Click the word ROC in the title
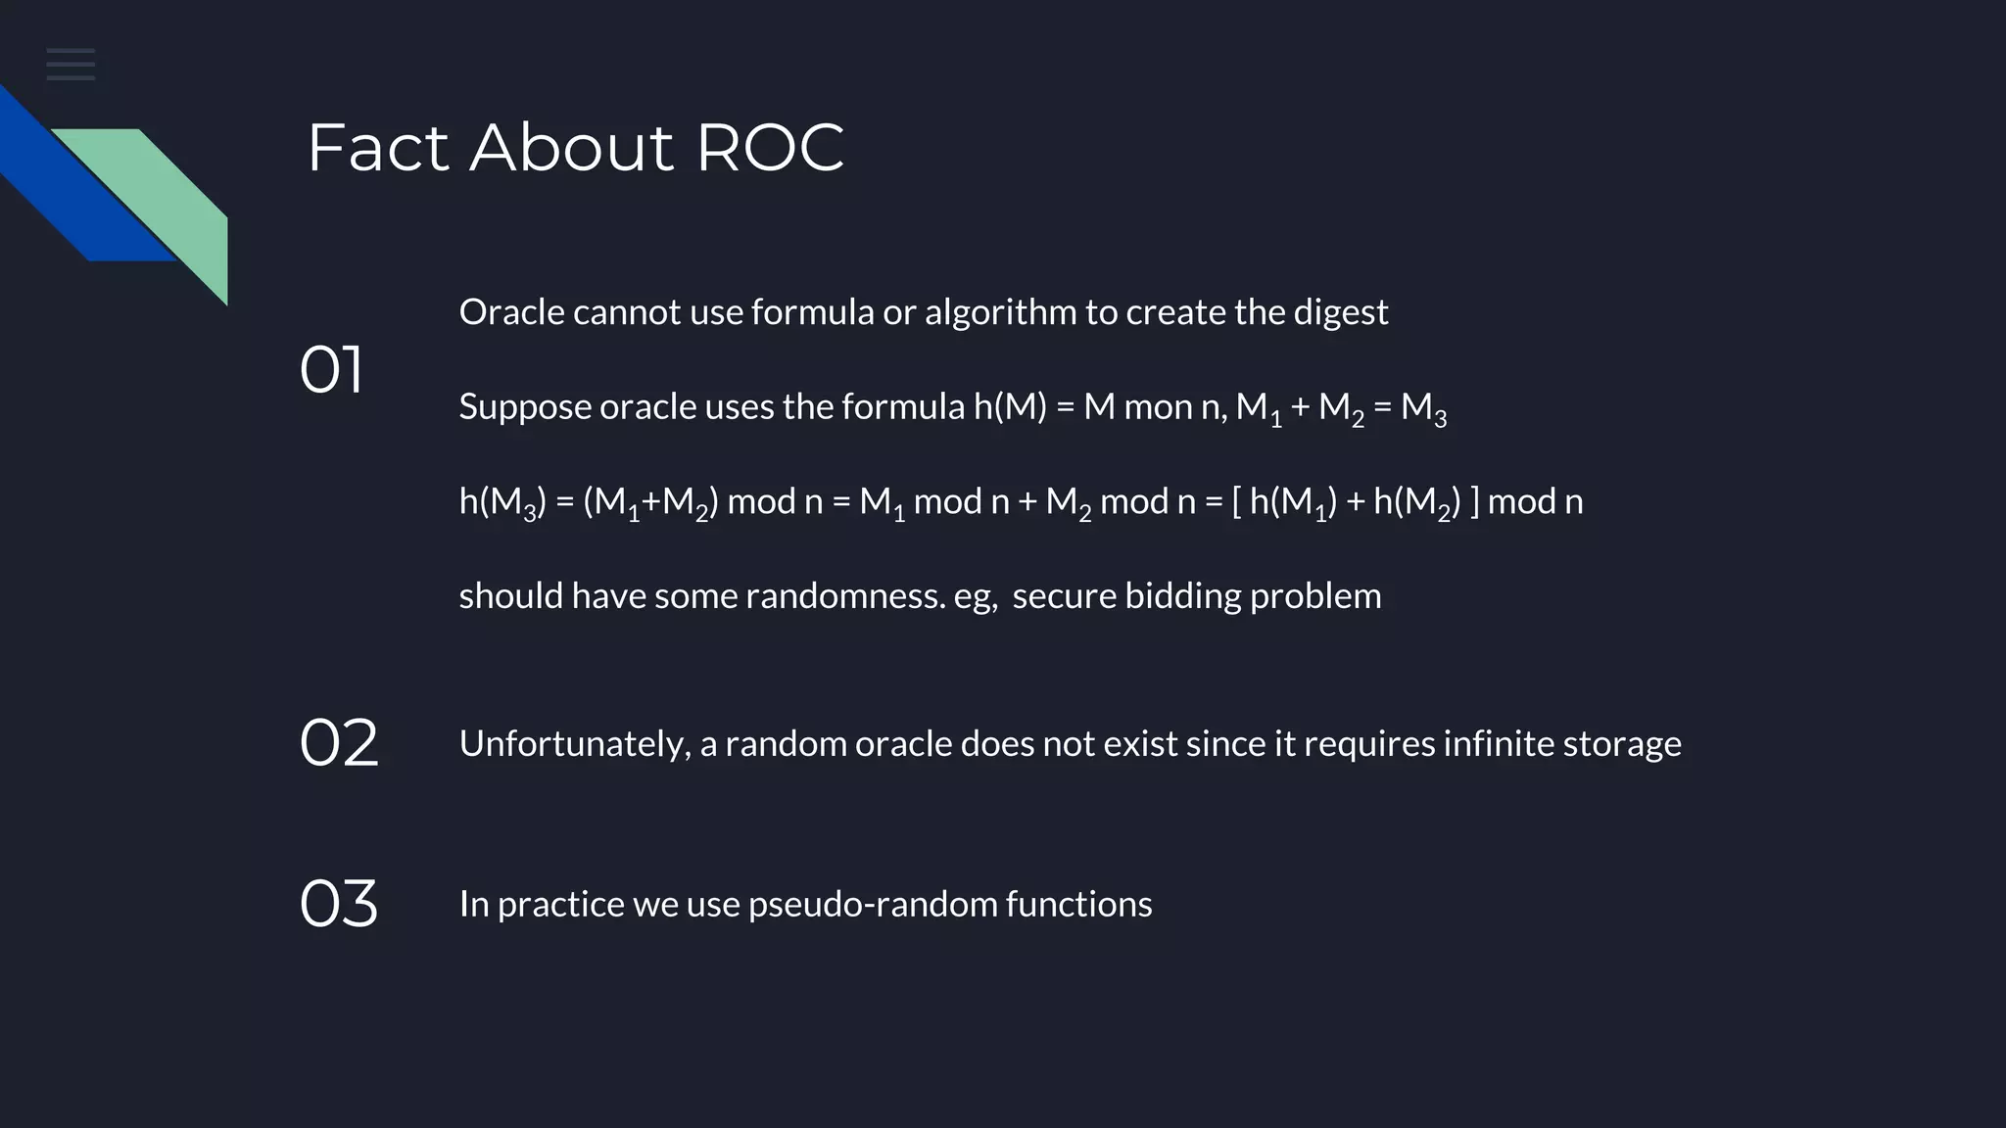[770, 149]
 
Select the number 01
[331, 370]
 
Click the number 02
[338, 743]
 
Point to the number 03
[338, 903]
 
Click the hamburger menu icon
[71, 65]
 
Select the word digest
[1340, 312]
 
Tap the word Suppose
[524, 407]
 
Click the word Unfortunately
[575, 744]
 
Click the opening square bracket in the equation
[1237, 501]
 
